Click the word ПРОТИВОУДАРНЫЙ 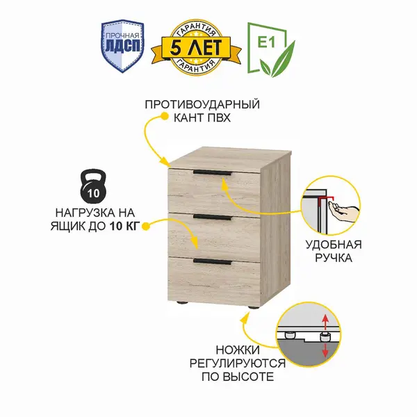[x=202, y=105]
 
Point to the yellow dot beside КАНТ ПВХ [x=163, y=119]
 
